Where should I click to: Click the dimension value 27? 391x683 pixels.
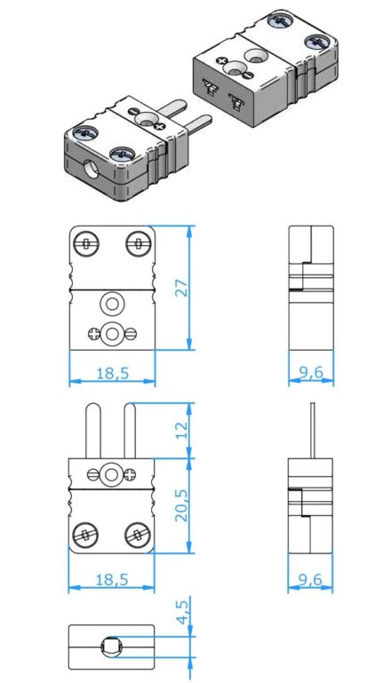coord(183,288)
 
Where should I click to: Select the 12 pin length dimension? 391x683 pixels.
coord(183,430)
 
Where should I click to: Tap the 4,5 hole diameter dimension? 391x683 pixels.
coord(184,612)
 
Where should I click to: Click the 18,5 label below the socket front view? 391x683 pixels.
coord(113,373)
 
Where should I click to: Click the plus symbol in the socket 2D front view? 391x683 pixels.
coord(93,334)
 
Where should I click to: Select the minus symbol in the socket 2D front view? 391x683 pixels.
coord(131,334)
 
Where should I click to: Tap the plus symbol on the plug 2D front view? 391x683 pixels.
coord(130,474)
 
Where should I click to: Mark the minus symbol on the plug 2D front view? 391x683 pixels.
coord(92,474)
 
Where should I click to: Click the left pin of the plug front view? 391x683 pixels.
coord(93,431)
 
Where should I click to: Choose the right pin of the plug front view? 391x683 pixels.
coord(130,431)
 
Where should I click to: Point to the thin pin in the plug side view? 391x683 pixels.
coord(312,431)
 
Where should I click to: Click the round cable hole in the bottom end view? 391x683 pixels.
coord(111,647)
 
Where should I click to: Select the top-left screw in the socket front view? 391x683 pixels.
coord(86,243)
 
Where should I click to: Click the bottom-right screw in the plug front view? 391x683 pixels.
coord(138,535)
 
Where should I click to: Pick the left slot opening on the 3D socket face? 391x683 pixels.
coord(210,87)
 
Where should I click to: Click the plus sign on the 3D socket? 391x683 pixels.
coord(222,61)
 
